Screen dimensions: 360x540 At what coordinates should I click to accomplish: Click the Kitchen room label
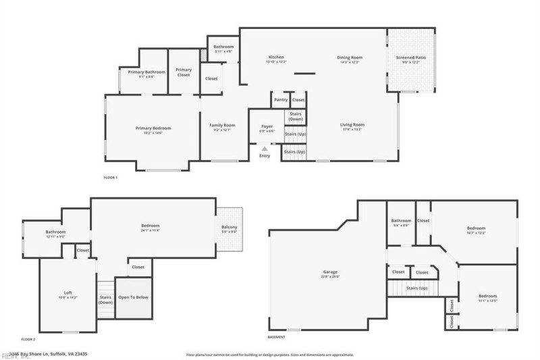coord(276,57)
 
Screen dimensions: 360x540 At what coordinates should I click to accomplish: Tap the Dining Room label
coord(350,57)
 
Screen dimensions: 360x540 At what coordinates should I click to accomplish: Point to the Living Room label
coord(352,125)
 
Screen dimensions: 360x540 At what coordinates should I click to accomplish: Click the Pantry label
coord(281,100)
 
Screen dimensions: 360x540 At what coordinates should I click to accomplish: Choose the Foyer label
coord(267,126)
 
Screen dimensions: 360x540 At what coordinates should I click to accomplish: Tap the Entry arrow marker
coord(264,149)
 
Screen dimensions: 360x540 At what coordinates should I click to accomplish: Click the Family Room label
coord(221,125)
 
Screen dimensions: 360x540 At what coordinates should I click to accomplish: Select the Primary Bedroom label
coord(153,128)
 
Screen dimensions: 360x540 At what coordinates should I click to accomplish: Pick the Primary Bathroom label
coord(146,72)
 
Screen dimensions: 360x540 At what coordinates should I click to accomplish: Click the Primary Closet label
coord(184,72)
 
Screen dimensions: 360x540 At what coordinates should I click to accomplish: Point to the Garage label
coord(329,274)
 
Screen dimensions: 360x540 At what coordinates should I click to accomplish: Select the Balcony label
coord(230,227)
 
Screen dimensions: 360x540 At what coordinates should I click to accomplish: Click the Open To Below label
coord(133,297)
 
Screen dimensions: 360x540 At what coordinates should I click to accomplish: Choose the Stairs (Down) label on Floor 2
coord(105,299)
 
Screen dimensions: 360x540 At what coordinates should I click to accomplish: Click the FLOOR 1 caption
coord(110,177)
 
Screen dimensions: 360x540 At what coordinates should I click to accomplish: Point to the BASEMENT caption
coord(276,337)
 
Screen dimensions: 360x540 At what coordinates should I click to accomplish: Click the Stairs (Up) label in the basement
coord(416,288)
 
